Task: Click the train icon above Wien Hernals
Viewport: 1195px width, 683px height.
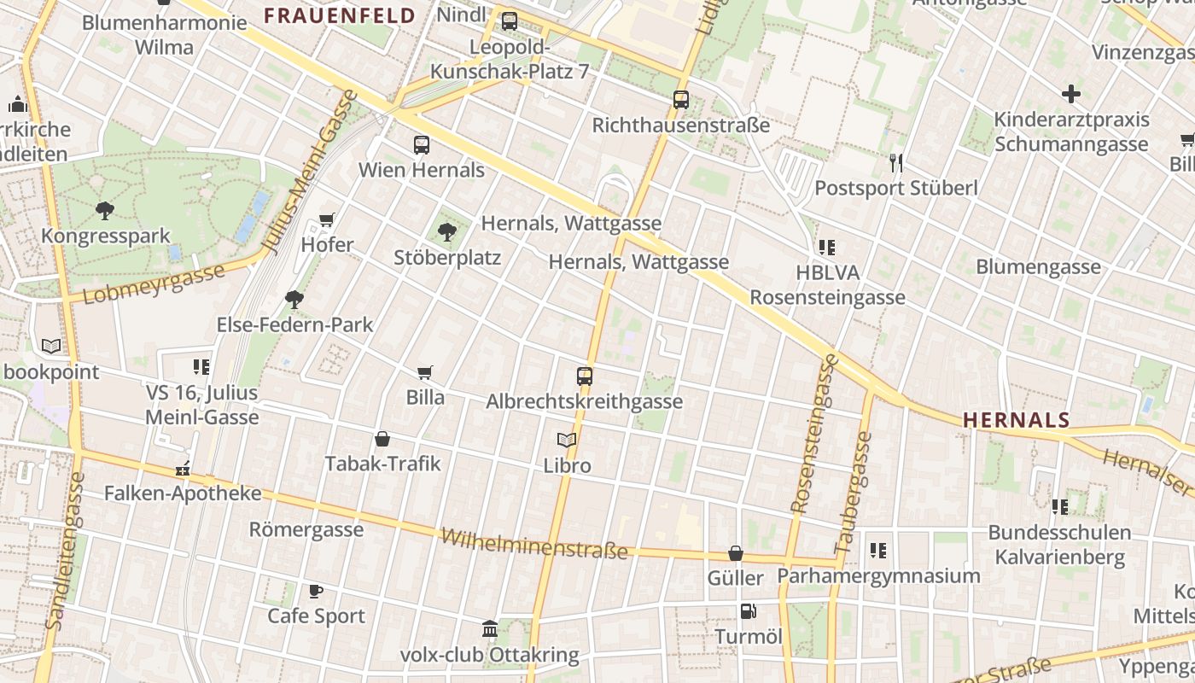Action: click(x=422, y=144)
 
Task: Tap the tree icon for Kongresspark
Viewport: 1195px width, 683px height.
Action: click(x=105, y=210)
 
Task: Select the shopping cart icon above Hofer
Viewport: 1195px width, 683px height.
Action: click(x=326, y=220)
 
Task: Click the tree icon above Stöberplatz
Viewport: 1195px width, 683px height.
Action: click(x=446, y=231)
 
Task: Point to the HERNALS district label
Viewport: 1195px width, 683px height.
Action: click(x=1016, y=420)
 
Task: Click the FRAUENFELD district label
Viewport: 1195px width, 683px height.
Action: click(x=339, y=15)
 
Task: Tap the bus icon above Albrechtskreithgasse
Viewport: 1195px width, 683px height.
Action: click(x=585, y=376)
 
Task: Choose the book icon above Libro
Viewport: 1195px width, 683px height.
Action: click(x=567, y=441)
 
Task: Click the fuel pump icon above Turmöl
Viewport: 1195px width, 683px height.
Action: click(x=748, y=611)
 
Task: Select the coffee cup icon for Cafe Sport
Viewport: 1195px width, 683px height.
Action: click(x=316, y=591)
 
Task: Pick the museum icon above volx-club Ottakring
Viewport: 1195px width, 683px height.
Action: click(x=490, y=629)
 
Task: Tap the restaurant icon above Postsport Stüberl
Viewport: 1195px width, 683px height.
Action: click(x=895, y=162)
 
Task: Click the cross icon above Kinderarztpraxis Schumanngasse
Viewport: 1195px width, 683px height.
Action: click(x=1071, y=94)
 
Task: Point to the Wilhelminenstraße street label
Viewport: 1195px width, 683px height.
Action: click(x=534, y=544)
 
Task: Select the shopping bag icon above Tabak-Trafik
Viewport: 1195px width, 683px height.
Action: click(x=382, y=439)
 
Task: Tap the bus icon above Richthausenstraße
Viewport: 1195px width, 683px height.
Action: click(x=680, y=100)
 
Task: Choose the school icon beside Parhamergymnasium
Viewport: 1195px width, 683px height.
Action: click(x=878, y=551)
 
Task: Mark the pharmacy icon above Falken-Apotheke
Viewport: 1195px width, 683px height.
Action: click(x=182, y=469)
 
